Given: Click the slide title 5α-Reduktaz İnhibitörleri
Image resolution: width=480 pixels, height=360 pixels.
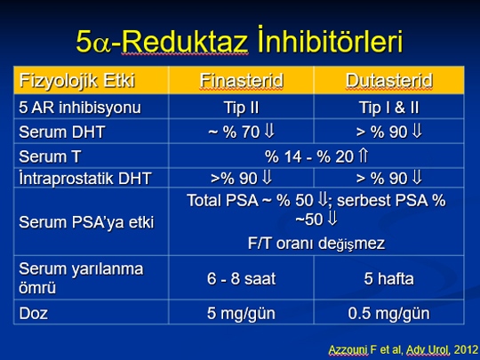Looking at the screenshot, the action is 239,41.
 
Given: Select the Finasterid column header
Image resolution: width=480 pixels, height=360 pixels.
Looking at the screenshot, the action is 242,81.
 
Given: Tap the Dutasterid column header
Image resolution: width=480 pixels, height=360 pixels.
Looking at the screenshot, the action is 389,81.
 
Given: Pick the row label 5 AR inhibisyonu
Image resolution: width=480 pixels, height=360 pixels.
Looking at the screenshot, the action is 80,108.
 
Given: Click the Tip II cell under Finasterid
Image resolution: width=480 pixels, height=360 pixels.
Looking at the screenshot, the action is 242,108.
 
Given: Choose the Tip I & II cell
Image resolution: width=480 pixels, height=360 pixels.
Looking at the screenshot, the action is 389,108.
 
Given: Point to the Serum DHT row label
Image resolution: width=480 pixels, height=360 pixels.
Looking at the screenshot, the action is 62,132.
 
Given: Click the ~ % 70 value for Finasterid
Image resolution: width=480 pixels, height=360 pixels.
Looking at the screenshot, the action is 234,132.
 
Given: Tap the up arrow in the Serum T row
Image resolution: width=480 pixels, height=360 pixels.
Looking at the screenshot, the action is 363,156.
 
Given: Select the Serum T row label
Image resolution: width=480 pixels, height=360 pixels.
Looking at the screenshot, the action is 50,156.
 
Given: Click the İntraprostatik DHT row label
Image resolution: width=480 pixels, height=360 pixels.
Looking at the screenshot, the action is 85,178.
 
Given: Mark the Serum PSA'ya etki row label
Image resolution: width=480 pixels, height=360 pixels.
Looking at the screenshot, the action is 86,222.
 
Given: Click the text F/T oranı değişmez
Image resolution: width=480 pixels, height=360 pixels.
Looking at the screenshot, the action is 316,244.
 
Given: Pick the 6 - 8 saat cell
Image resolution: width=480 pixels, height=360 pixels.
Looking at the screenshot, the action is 241,278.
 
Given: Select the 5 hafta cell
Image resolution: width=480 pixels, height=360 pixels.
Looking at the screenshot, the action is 388,278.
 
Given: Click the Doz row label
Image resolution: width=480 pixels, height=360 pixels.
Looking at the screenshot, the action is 33,313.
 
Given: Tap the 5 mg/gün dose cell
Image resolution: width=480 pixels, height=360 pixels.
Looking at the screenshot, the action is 241,314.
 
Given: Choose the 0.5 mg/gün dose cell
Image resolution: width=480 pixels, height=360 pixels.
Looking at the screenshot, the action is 388,314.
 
